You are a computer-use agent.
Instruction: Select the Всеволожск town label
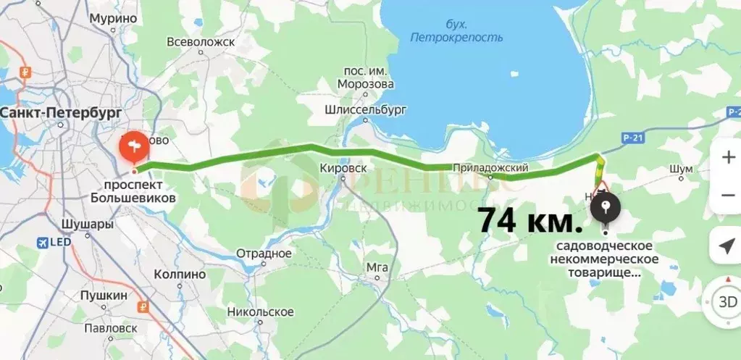point(201,42)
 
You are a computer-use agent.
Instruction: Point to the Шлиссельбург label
point(367,110)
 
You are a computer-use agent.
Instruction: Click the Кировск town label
point(343,167)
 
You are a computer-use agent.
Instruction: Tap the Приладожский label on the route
point(490,169)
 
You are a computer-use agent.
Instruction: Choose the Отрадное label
point(264,254)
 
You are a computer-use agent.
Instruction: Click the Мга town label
point(377,267)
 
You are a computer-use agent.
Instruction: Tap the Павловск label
point(110,327)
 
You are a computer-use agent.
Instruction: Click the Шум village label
point(682,169)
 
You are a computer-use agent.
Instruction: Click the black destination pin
point(606,209)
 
